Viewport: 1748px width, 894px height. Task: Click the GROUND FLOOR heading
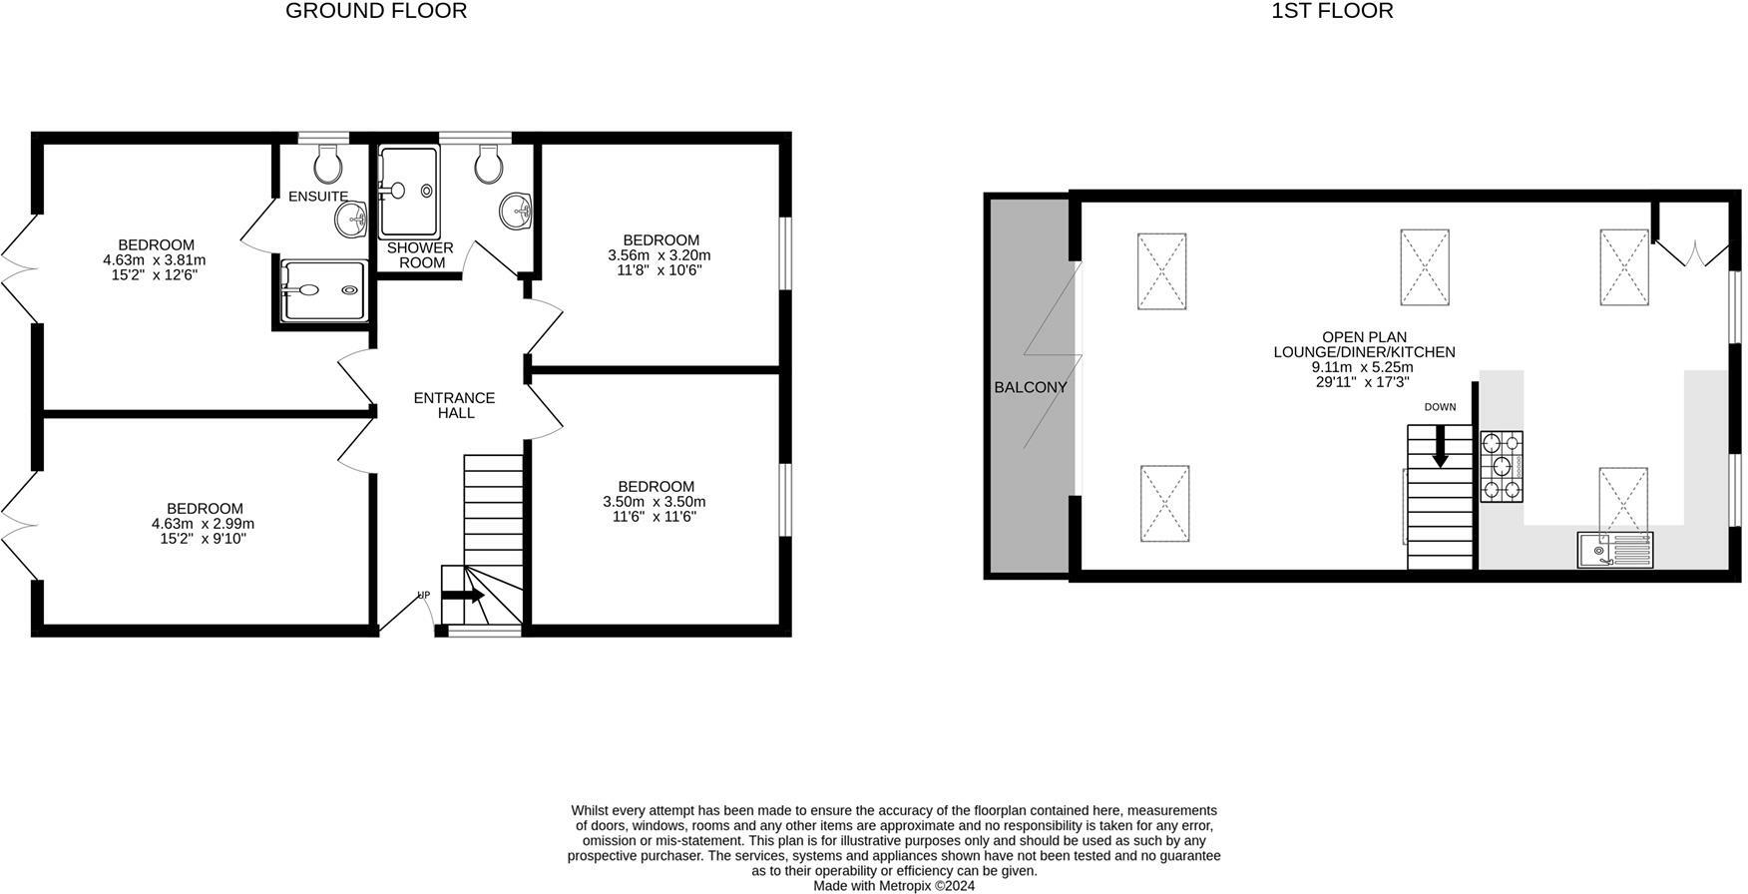coord(375,11)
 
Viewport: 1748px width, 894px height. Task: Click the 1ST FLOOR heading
coord(1332,11)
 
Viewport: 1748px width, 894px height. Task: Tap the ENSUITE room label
coord(318,197)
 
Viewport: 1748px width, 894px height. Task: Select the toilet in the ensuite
coord(327,163)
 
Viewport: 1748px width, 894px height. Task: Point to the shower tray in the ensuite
coord(324,290)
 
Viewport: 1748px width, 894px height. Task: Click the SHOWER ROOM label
coord(420,255)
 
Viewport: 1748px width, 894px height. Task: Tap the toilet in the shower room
coord(488,166)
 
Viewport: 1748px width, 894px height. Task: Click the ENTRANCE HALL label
coord(454,405)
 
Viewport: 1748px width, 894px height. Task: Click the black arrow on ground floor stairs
coord(463,596)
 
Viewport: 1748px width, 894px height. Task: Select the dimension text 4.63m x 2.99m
coord(203,524)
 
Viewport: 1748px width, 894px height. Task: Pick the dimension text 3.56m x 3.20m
coord(658,255)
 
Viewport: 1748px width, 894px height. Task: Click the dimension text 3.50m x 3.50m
coord(654,502)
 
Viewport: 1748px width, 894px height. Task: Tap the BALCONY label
coord(1031,387)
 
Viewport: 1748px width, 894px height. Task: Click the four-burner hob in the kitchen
coord(1502,466)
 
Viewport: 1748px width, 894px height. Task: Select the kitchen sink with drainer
coord(1614,550)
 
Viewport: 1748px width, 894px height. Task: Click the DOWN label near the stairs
coord(1440,407)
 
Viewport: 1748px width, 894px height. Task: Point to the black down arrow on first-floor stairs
coord(1440,447)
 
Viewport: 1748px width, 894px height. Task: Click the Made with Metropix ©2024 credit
coord(894,885)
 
